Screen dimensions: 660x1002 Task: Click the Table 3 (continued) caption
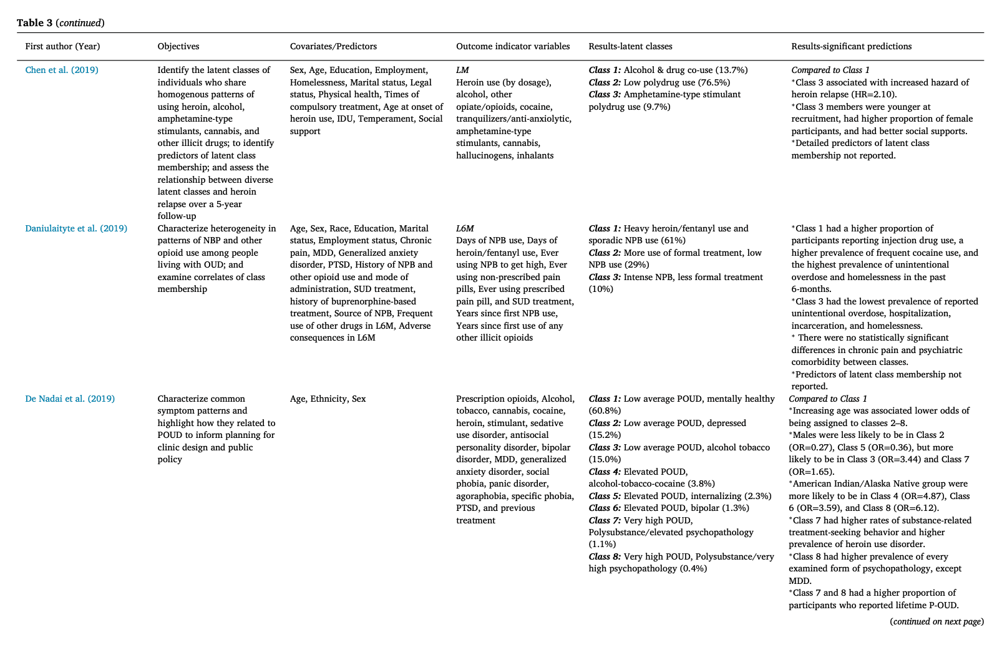pyautogui.click(x=61, y=23)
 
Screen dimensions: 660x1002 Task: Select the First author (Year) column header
pyautogui.click(x=62, y=46)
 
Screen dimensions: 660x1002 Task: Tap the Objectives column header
pyautogui.click(x=178, y=46)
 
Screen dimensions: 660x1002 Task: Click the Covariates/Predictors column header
pyautogui.click(x=333, y=46)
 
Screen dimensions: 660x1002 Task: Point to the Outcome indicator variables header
pyautogui.click(x=513, y=46)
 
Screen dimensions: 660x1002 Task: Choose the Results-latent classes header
pyautogui.click(x=630, y=46)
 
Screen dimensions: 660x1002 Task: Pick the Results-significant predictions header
pyautogui.click(x=851, y=46)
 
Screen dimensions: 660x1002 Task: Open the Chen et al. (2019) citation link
pyautogui.click(x=62, y=70)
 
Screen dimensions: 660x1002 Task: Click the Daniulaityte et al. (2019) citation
pyautogui.click(x=76, y=228)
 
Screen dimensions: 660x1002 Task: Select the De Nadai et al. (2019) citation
pyautogui.click(x=70, y=399)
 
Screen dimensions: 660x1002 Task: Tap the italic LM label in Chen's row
pyautogui.click(x=462, y=70)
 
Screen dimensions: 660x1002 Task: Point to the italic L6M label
pyautogui.click(x=465, y=228)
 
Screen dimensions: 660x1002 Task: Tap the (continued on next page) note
pyautogui.click(x=936, y=621)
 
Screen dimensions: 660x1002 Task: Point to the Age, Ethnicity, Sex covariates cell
pyautogui.click(x=328, y=399)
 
